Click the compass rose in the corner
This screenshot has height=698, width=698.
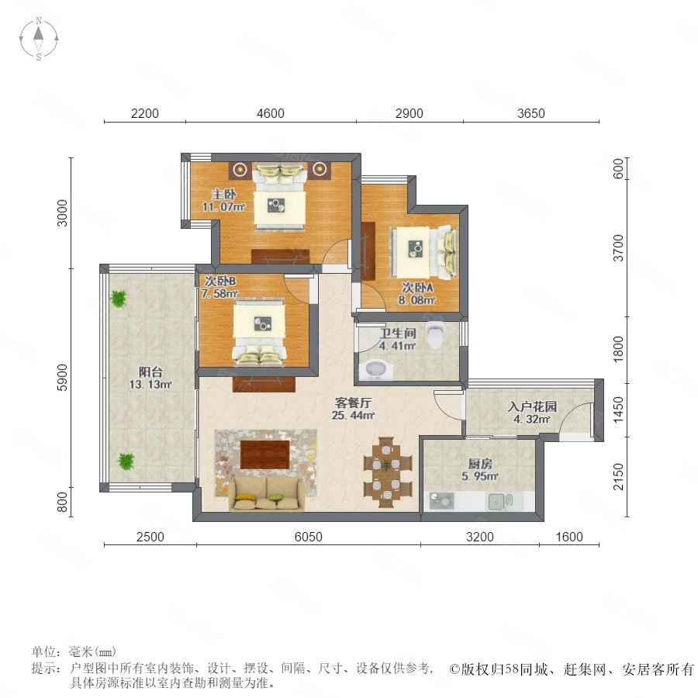(39, 39)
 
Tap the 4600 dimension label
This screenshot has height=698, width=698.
(271, 113)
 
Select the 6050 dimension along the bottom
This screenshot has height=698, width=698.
(309, 537)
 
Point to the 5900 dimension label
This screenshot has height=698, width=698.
(63, 378)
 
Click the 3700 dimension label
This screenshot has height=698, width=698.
(619, 248)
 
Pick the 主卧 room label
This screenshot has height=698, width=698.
(223, 194)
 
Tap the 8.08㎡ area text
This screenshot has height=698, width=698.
(416, 300)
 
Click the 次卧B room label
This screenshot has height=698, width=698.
(220, 281)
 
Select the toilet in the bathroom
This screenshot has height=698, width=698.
(435, 335)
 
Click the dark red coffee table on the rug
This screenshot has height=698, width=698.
(265, 454)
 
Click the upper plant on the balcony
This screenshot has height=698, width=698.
(119, 299)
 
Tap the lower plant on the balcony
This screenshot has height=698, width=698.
(126, 461)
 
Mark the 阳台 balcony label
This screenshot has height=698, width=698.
(150, 371)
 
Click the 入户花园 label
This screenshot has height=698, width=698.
(532, 406)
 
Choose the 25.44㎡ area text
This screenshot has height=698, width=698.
(353, 416)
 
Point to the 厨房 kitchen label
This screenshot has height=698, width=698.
(480, 464)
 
